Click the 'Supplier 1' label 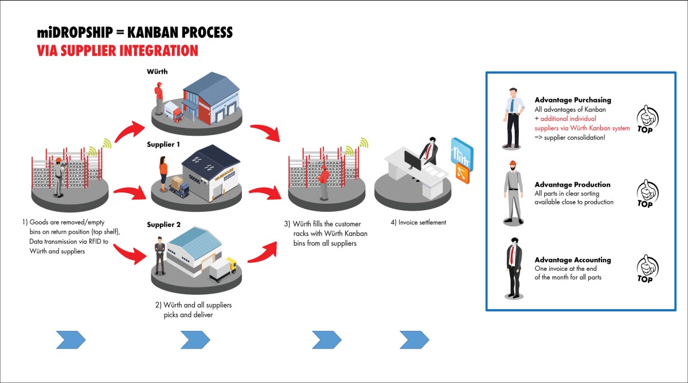165,144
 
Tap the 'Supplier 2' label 164,224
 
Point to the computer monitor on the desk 412,159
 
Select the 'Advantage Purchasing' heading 572,100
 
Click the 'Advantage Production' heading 572,184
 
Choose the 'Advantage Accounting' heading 572,260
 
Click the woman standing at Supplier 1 163,173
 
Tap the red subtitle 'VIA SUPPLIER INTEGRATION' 117,50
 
